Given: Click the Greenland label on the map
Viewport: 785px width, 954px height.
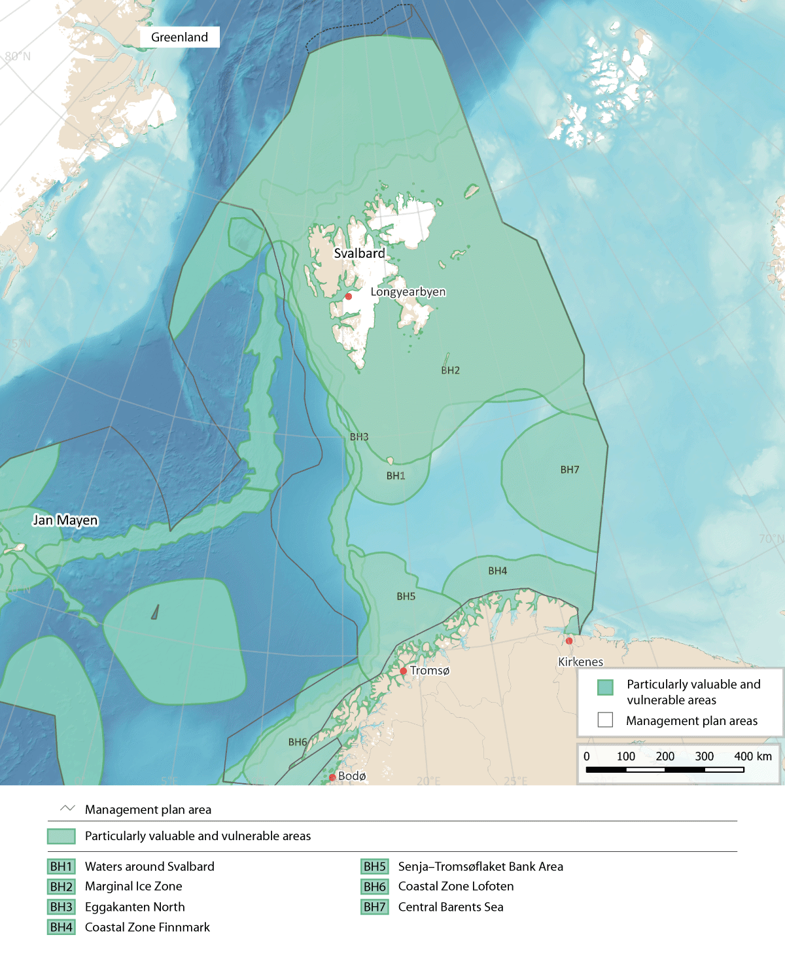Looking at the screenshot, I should [179, 37].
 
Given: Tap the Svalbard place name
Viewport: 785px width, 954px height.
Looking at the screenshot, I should [359, 253].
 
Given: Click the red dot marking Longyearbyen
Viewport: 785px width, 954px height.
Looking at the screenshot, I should [349, 296].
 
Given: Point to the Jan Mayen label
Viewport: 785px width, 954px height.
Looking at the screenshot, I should [65, 520].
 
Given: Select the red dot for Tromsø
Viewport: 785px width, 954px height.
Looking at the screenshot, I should [404, 671].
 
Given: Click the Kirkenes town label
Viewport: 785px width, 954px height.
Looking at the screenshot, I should [580, 662].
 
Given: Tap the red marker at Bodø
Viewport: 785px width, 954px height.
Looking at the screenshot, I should [332, 777].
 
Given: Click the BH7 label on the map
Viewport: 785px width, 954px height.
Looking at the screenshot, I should [570, 470].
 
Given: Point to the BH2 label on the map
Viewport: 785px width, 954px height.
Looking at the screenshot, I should [450, 370].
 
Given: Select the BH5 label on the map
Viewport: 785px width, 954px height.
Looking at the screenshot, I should [406, 597].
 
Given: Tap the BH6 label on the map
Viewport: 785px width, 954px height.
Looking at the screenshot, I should [298, 742].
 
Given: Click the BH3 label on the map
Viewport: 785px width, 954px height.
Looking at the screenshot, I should [359, 437].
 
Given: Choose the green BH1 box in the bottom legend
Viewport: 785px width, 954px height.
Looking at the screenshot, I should [61, 866].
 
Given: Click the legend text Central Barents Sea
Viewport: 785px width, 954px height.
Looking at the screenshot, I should [451, 907].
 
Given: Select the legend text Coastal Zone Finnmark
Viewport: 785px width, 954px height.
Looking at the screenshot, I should [147, 927].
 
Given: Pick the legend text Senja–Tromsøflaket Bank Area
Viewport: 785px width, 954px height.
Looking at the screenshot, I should [480, 866].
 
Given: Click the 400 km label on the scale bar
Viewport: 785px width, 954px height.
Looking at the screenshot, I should [753, 756].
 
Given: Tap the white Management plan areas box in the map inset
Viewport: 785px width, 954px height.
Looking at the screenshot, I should [605, 720].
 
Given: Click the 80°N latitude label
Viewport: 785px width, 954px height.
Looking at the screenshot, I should [18, 56].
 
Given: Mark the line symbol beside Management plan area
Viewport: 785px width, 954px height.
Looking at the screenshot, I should [67, 809].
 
